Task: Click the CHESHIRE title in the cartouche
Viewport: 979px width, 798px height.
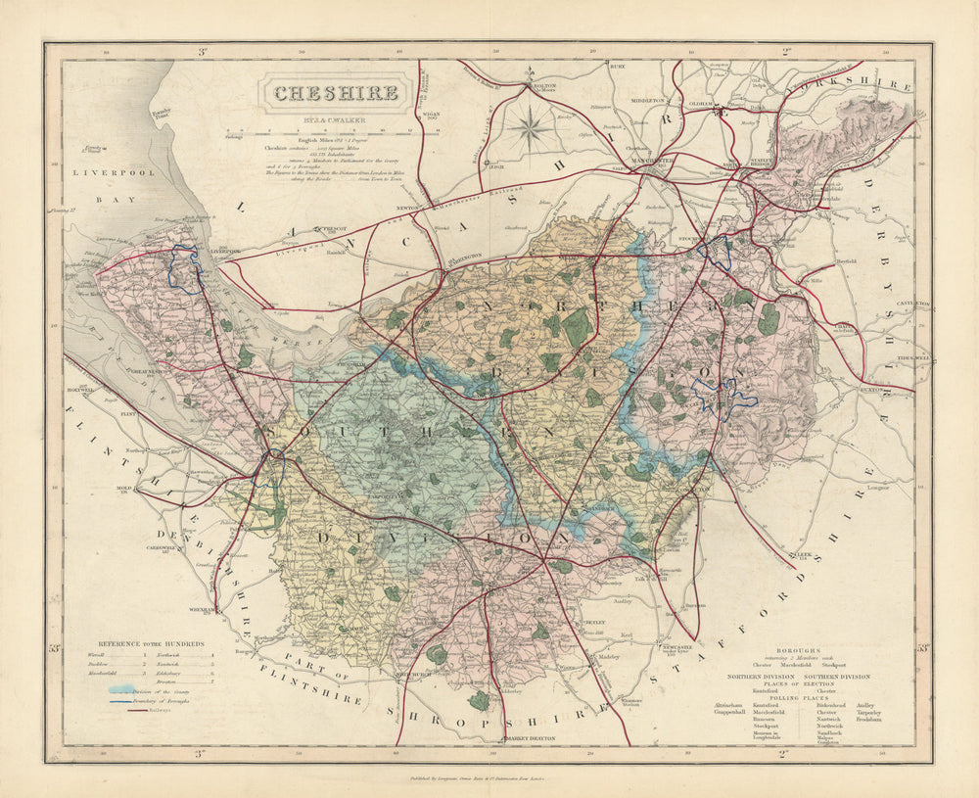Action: (x=335, y=94)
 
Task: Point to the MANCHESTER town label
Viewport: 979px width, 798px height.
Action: (x=650, y=160)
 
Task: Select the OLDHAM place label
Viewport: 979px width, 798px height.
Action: (x=699, y=100)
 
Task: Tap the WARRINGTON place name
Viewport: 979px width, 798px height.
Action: (x=459, y=258)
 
